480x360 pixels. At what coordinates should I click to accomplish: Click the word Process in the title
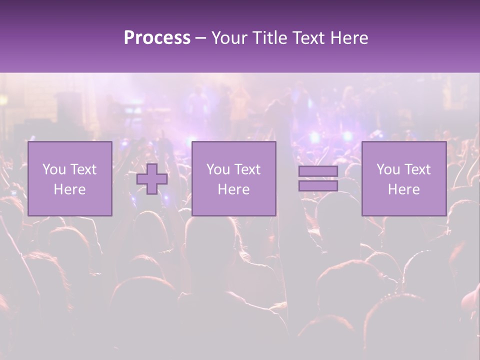click(x=157, y=38)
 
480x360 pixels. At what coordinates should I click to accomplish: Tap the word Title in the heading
click(x=270, y=38)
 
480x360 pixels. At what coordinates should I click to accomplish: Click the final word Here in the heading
click(x=350, y=38)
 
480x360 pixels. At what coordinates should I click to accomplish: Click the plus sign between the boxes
click(x=152, y=179)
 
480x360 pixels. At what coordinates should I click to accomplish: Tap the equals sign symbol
click(x=318, y=178)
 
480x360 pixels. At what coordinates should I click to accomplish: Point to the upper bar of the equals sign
click(x=318, y=171)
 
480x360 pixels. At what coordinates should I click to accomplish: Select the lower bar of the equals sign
click(x=318, y=186)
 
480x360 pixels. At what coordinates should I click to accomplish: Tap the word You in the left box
click(x=54, y=169)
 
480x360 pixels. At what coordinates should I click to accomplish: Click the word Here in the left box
click(x=69, y=189)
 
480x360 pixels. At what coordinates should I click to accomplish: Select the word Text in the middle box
click(x=247, y=169)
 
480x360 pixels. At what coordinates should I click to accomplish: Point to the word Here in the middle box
click(x=233, y=189)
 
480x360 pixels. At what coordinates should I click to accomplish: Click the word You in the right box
click(x=388, y=169)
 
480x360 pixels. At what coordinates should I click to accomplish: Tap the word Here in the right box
click(x=404, y=189)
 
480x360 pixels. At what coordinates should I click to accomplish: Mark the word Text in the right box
click(x=417, y=169)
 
